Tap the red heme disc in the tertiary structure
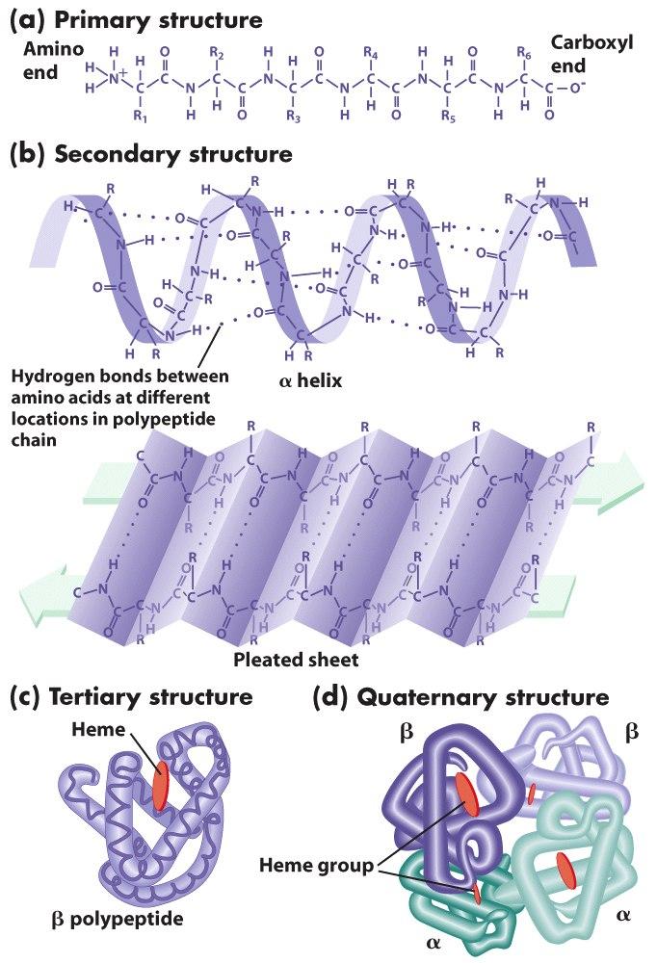[x=161, y=786]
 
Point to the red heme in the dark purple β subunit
[x=465, y=793]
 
